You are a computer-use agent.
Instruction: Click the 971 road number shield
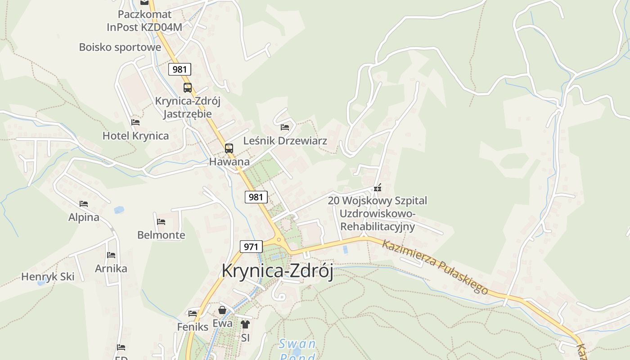(x=251, y=247)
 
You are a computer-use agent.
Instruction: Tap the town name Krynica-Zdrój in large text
(x=277, y=271)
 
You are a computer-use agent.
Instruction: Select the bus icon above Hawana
(x=229, y=148)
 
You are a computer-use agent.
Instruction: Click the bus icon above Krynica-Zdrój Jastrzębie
(x=188, y=88)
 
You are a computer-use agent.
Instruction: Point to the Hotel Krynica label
(x=135, y=136)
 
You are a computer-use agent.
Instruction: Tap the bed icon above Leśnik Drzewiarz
(x=285, y=127)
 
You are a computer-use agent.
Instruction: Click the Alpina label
(x=84, y=217)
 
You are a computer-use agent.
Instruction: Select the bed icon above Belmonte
(x=161, y=222)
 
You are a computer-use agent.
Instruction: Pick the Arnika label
(x=111, y=269)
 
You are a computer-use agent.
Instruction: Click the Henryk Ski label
(x=48, y=277)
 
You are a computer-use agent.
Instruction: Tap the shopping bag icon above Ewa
(x=222, y=310)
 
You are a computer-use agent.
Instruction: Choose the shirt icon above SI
(x=245, y=324)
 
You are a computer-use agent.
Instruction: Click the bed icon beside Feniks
(x=193, y=313)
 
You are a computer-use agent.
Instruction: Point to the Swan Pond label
(x=297, y=350)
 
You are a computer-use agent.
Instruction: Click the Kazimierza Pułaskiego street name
(x=435, y=267)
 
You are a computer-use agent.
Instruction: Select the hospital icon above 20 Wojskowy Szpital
(x=378, y=188)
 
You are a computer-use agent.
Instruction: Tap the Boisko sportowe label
(x=120, y=47)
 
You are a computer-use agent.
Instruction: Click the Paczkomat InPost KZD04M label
(x=144, y=21)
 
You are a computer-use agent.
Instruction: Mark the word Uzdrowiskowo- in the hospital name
(x=377, y=213)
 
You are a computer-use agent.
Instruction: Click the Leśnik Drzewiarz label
(x=285, y=141)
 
